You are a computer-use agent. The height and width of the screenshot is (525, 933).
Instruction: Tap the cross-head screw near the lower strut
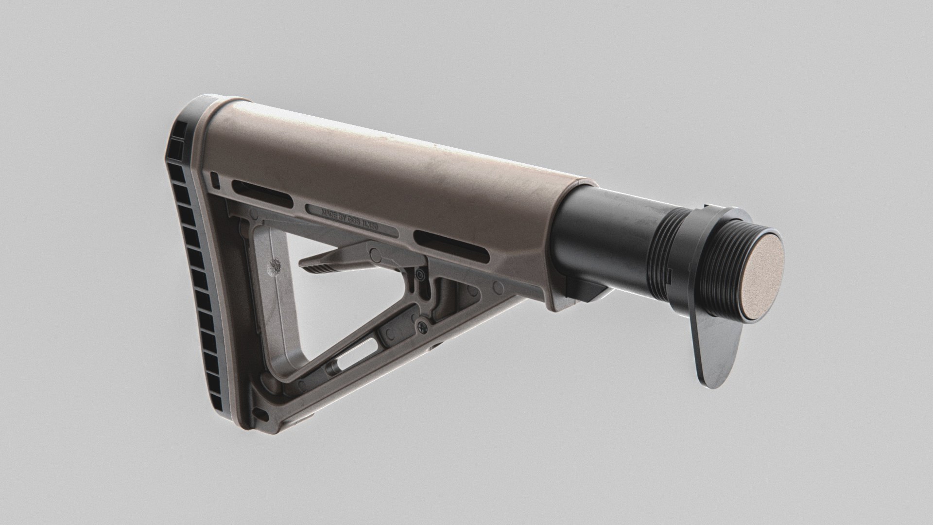pos(421,325)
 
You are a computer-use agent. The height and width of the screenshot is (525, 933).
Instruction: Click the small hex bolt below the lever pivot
pos(421,275)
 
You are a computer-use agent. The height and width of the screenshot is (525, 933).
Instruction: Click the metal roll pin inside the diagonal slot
pos(334,367)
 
